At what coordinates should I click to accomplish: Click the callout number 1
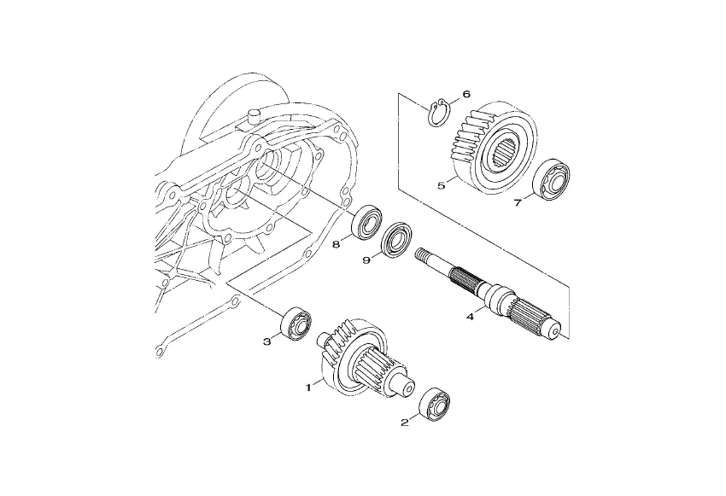pos(308,388)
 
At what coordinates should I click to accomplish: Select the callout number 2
pos(405,423)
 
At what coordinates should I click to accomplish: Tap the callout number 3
pos(266,342)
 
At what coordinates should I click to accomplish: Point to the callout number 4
pos(470,317)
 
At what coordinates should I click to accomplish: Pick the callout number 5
pos(442,185)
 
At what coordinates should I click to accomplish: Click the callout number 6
pos(466,95)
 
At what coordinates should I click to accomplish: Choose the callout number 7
pos(518,202)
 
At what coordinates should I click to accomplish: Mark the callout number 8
pos(337,244)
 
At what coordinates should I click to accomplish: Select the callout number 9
pos(366,260)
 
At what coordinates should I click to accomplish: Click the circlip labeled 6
pos(430,118)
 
